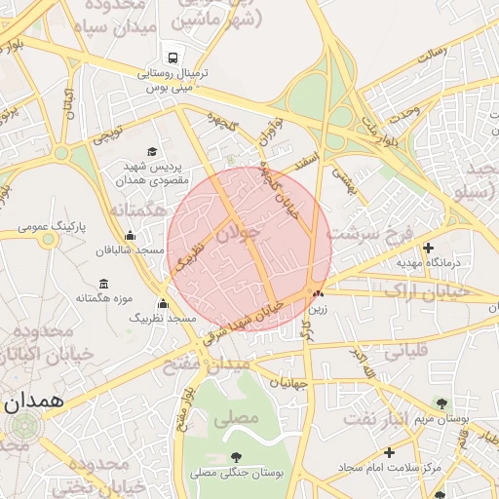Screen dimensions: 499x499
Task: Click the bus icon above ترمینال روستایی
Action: tap(173, 57)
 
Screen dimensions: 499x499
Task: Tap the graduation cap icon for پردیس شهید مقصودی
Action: tap(152, 151)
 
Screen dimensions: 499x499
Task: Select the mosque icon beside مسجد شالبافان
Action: tap(130, 235)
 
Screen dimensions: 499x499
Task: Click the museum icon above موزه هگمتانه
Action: tap(104, 283)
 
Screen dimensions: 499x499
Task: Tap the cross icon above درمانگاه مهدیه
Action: tap(428, 248)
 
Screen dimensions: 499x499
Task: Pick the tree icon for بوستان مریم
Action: tap(441, 403)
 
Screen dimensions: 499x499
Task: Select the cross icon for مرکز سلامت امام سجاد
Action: tap(389, 452)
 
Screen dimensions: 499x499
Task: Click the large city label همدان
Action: tap(33, 401)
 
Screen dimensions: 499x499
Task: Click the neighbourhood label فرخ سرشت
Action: tap(373, 233)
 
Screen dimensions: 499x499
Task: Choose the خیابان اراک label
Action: tap(427, 290)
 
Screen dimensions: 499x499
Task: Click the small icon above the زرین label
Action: tap(317, 293)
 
